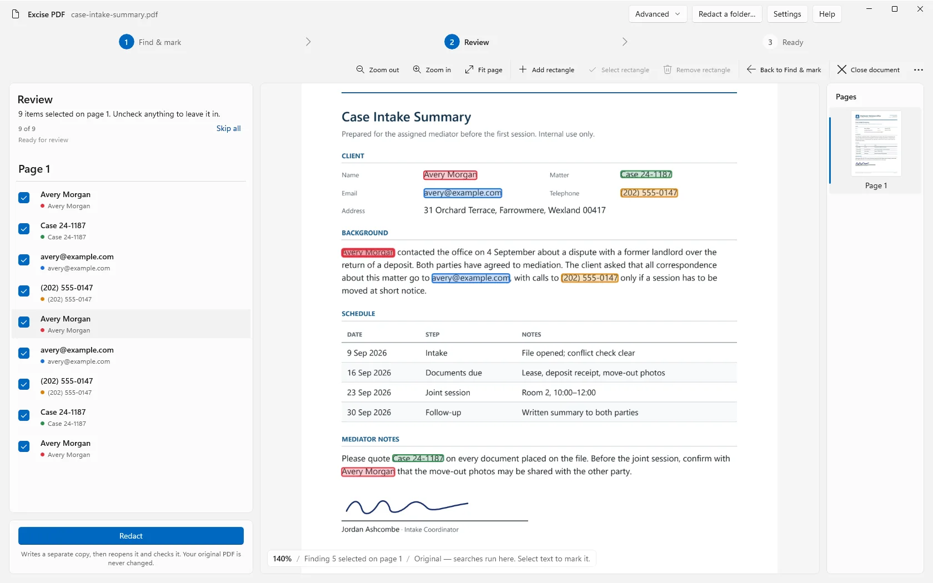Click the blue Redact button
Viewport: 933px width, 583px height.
(x=131, y=535)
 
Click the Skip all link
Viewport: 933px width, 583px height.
(x=228, y=128)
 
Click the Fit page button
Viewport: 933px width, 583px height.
(x=484, y=69)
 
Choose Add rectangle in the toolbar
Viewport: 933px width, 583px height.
(x=546, y=69)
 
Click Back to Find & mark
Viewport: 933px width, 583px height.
(x=784, y=69)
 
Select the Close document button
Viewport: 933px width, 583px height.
(x=869, y=69)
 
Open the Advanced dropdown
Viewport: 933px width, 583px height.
(x=658, y=14)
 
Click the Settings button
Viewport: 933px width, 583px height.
(x=787, y=14)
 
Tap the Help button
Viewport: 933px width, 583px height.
(x=827, y=14)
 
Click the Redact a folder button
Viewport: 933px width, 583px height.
(x=727, y=14)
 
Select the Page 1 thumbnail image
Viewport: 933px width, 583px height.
(x=876, y=143)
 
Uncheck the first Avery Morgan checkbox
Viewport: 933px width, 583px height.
(x=24, y=198)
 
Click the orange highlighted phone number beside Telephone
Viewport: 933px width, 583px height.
(x=649, y=193)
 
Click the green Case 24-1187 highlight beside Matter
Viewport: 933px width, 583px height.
(x=646, y=174)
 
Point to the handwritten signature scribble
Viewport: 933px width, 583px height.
(x=407, y=506)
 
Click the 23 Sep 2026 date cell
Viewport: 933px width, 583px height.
(x=369, y=392)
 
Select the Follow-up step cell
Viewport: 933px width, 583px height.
(x=443, y=412)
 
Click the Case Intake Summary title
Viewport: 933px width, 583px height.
(x=406, y=117)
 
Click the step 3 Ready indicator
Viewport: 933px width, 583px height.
(x=783, y=42)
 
